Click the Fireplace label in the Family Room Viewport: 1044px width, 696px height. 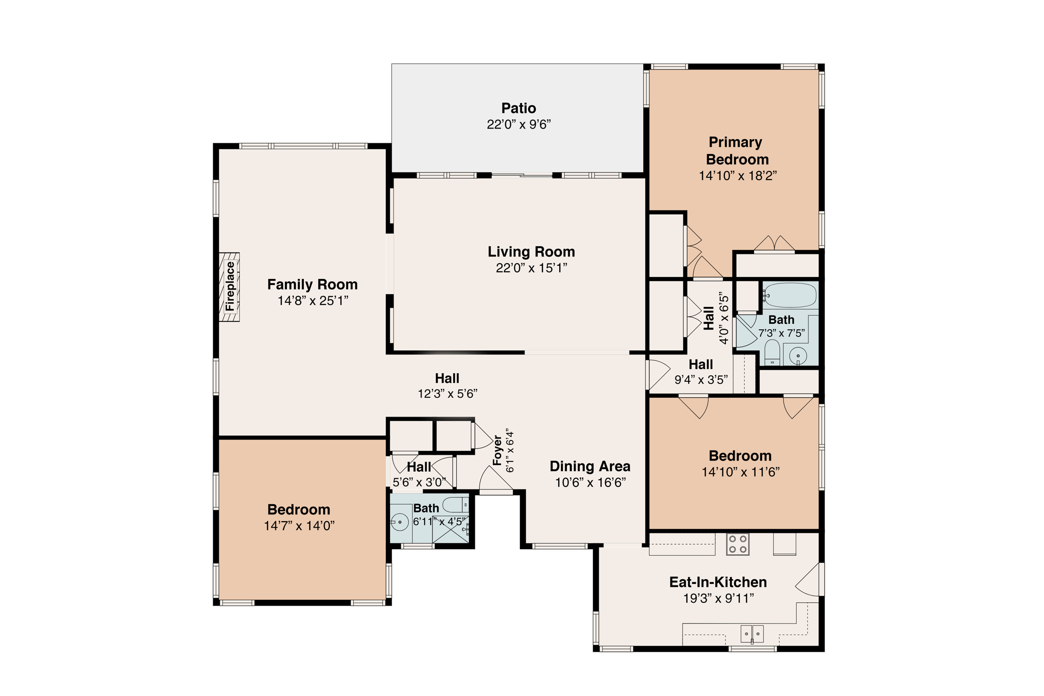pyautogui.click(x=230, y=287)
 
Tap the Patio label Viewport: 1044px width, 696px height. pyautogui.click(x=518, y=108)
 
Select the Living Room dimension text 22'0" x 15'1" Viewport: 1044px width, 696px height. pyautogui.click(x=531, y=268)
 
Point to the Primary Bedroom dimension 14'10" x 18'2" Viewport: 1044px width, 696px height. pyautogui.click(x=738, y=175)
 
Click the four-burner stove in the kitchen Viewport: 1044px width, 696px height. pyautogui.click(x=738, y=544)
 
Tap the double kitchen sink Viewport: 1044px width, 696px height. pyautogui.click(x=752, y=634)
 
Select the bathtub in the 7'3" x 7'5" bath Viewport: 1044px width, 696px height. pyautogui.click(x=790, y=295)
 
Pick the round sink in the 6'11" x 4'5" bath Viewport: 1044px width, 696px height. pyautogui.click(x=400, y=522)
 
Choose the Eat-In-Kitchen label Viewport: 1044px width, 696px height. pyautogui.click(x=718, y=582)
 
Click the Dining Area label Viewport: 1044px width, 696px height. pyautogui.click(x=590, y=466)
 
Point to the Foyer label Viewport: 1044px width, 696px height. pyautogui.click(x=498, y=450)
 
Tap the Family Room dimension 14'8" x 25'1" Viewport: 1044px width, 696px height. pyautogui.click(x=312, y=300)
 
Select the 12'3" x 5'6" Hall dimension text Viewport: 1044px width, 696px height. pyautogui.click(x=447, y=393)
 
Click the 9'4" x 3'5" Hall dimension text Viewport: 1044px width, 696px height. pyautogui.click(x=701, y=379)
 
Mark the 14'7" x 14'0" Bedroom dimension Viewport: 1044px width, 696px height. pyautogui.click(x=299, y=525)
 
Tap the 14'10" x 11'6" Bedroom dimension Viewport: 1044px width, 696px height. pyautogui.click(x=740, y=472)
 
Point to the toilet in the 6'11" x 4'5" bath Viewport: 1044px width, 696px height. pyautogui.click(x=455, y=505)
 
